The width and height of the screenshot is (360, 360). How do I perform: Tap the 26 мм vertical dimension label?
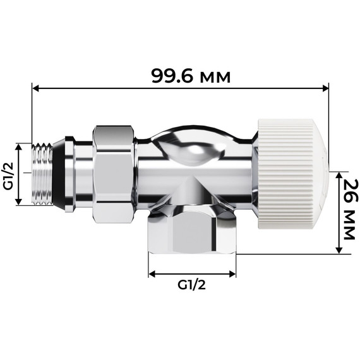pyautogui.click(x=348, y=212)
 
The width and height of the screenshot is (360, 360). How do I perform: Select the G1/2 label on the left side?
pyautogui.click(x=9, y=176)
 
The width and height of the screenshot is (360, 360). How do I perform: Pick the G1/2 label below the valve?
pyautogui.click(x=192, y=284)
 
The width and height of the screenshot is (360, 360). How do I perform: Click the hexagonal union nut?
pyautogui.click(x=114, y=174)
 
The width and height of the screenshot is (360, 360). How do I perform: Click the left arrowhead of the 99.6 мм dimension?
pyautogui.click(x=35, y=88)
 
